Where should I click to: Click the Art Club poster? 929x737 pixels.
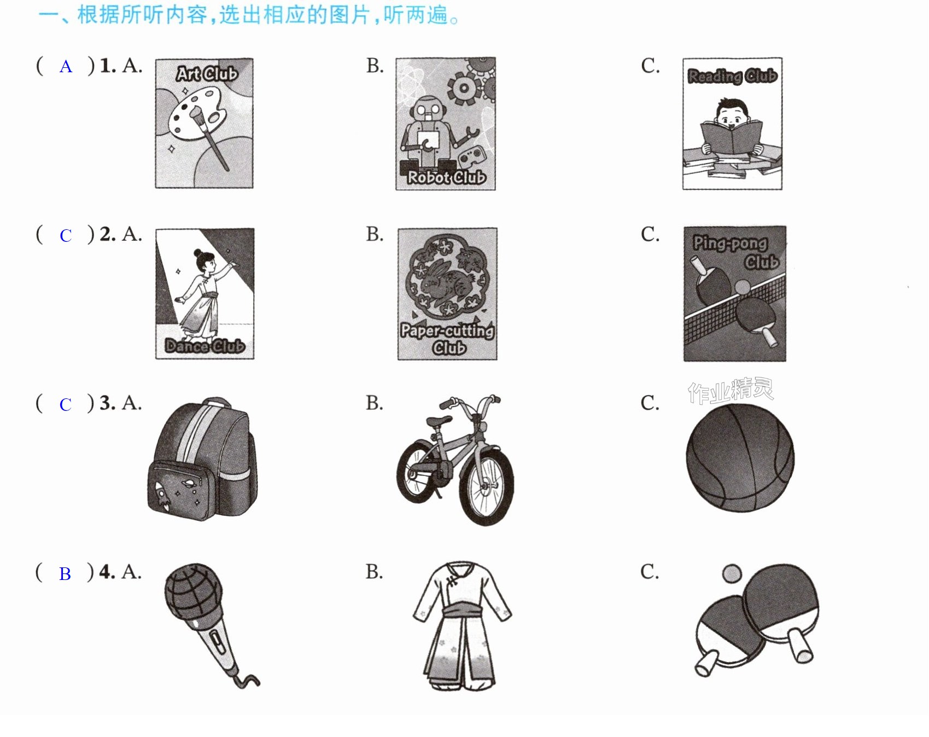pyautogui.click(x=204, y=123)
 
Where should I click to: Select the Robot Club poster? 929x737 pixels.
pyautogui.click(x=446, y=124)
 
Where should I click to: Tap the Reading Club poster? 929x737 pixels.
pyautogui.click(x=732, y=124)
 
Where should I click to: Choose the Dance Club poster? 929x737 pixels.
pyautogui.click(x=205, y=294)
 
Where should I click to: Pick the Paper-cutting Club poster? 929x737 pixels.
pyautogui.click(x=447, y=294)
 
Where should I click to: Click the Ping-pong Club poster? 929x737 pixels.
pyautogui.click(x=734, y=294)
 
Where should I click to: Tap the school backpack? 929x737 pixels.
pyautogui.click(x=202, y=459)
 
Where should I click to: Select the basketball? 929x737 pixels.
pyautogui.click(x=740, y=459)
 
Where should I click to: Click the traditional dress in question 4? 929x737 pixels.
pyautogui.click(x=462, y=626)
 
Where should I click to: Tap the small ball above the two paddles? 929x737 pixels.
pyautogui.click(x=732, y=574)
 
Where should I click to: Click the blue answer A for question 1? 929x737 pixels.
pyautogui.click(x=66, y=67)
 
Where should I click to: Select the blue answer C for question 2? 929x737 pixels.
pyautogui.click(x=66, y=236)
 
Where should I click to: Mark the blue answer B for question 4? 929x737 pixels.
pyautogui.click(x=65, y=574)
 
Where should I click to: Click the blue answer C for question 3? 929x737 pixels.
pyautogui.click(x=66, y=405)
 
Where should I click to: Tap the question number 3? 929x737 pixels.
pyautogui.click(x=107, y=403)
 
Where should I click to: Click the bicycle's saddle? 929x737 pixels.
pyautogui.click(x=439, y=420)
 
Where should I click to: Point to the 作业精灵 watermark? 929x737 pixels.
pyautogui.click(x=731, y=391)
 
